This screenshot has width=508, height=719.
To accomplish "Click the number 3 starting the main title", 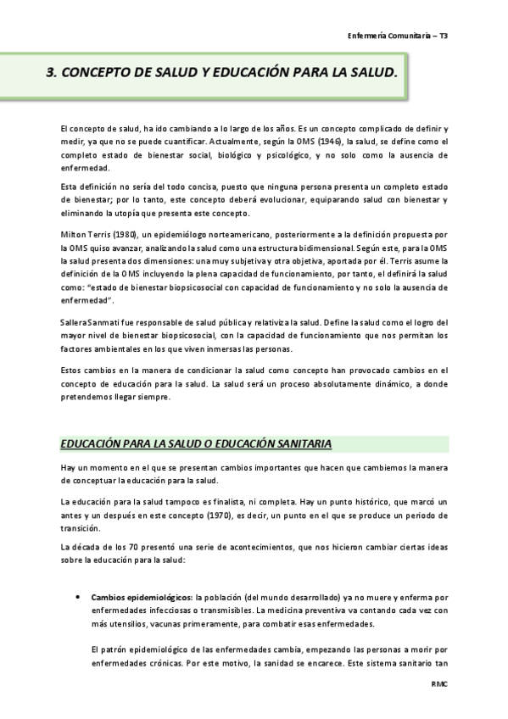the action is (49, 74).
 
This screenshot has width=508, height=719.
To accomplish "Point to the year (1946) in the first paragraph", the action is (318, 142).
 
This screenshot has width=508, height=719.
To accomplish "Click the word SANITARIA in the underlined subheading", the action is (299, 443).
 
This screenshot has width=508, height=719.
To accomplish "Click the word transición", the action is (80, 527).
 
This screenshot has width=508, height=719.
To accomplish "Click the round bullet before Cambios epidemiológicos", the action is (78, 596).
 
